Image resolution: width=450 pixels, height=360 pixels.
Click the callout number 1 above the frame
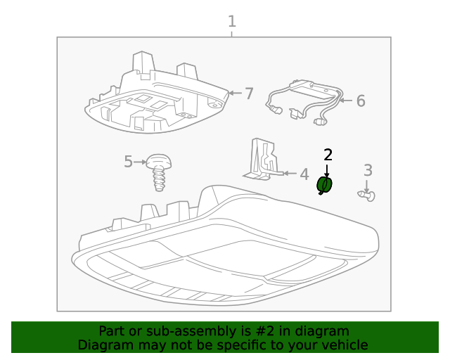[x=231, y=22]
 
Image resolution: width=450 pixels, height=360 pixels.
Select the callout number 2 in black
[x=328, y=155]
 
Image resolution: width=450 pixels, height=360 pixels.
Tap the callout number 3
[x=368, y=170]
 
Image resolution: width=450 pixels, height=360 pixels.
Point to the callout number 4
[x=304, y=174]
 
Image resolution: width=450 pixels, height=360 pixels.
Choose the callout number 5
[x=128, y=162]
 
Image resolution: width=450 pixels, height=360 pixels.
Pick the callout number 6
[x=360, y=101]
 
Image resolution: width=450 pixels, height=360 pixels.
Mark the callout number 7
[x=248, y=94]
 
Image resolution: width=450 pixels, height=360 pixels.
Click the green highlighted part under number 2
[x=326, y=185]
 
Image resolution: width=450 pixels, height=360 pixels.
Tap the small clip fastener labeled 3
[x=368, y=195]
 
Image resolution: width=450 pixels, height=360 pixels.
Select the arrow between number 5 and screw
[x=140, y=162]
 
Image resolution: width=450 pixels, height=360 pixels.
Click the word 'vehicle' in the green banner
[x=343, y=345]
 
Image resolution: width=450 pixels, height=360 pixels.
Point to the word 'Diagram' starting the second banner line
[x=103, y=345]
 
